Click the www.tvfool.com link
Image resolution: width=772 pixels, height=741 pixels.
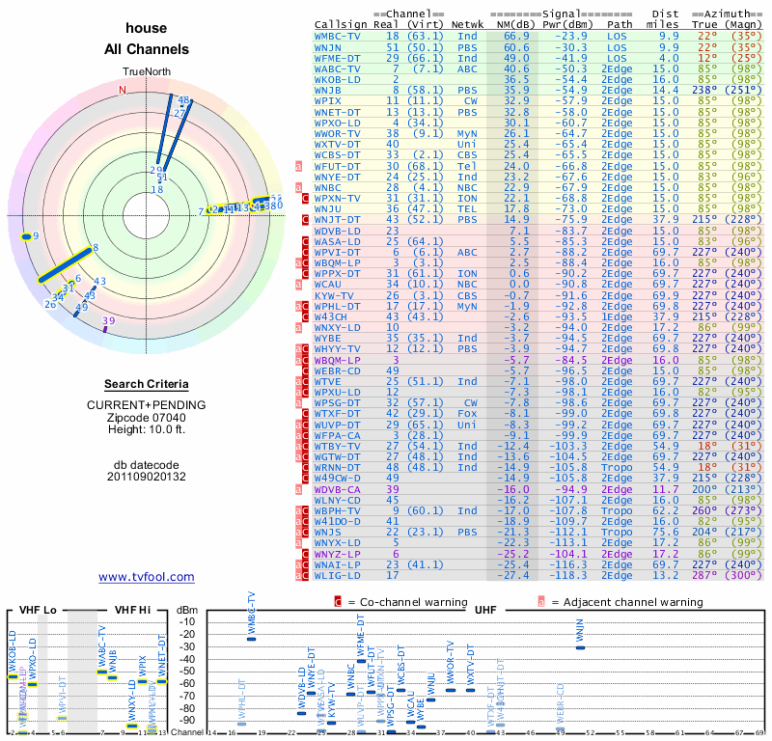click(147, 577)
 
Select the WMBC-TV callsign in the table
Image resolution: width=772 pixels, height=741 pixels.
click(339, 35)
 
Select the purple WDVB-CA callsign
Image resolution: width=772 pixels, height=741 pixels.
click(337, 489)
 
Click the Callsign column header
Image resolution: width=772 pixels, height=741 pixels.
click(339, 23)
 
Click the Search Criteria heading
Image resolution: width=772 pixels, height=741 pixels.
click(146, 384)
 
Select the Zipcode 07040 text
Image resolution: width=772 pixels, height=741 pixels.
click(146, 417)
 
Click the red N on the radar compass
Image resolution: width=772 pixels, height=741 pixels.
click(123, 91)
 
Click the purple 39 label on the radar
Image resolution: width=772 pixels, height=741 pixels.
click(108, 321)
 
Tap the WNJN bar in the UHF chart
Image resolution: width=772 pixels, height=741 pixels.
click(580, 646)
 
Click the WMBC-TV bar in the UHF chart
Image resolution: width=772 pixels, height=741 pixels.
click(252, 638)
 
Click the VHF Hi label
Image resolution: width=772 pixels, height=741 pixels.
click(133, 610)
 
